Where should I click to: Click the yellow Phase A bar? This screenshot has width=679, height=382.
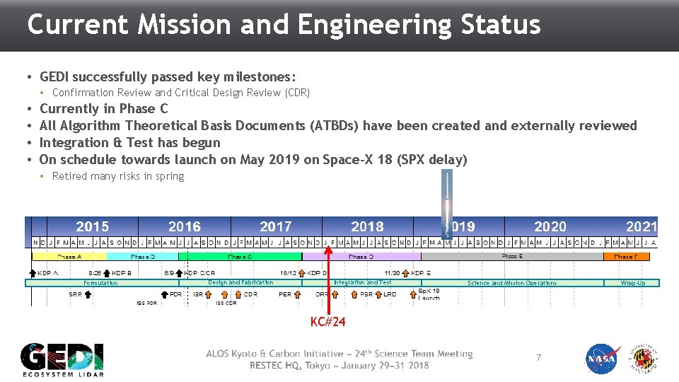(69, 257)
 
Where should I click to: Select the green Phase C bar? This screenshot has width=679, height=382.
(240, 257)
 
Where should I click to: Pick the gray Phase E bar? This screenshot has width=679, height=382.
(512, 257)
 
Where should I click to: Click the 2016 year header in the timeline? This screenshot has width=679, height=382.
(184, 226)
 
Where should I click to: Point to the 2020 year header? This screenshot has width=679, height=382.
(550, 226)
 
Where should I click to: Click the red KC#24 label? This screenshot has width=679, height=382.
(328, 323)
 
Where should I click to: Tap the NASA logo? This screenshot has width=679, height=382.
(602, 359)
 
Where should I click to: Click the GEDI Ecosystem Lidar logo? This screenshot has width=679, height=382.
(62, 359)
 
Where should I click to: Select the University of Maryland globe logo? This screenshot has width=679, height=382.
(644, 359)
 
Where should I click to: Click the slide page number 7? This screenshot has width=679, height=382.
(538, 358)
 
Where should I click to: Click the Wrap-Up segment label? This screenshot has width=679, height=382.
(632, 283)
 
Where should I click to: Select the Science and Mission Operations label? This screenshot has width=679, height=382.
(511, 283)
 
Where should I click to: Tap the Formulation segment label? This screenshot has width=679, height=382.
(100, 283)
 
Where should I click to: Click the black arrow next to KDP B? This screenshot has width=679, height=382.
(108, 272)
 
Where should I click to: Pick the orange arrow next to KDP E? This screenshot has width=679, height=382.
(405, 272)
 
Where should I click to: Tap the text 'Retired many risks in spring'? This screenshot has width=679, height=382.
(117, 176)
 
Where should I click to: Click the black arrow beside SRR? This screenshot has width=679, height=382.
(88, 294)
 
